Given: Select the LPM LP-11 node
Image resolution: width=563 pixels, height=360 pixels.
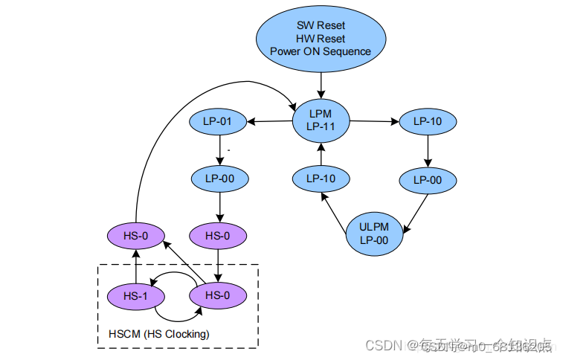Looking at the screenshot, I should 321,120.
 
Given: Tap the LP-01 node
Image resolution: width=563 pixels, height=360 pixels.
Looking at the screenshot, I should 218,121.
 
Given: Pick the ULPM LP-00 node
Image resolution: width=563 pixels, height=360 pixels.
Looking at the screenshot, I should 375,234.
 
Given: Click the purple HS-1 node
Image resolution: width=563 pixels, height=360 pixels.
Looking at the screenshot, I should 136,295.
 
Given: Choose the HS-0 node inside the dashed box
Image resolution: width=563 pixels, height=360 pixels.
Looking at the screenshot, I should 217,295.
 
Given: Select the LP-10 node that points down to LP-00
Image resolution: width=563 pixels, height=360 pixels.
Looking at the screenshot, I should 428,121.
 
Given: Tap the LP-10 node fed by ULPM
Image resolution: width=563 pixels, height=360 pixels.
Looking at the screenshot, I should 321,179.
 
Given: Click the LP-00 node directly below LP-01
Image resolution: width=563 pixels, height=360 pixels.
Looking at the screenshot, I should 218,179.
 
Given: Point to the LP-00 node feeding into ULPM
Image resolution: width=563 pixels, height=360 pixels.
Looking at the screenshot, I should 428,179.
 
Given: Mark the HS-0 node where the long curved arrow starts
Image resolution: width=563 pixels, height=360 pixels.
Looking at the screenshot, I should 136,237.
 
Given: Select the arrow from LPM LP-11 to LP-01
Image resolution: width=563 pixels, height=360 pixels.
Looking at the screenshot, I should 268,121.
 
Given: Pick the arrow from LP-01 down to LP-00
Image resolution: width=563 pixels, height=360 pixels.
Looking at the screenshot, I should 218,150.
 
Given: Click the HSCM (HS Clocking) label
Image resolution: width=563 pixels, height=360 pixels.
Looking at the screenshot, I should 158,334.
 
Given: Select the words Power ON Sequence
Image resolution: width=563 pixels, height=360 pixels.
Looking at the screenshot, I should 321,52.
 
